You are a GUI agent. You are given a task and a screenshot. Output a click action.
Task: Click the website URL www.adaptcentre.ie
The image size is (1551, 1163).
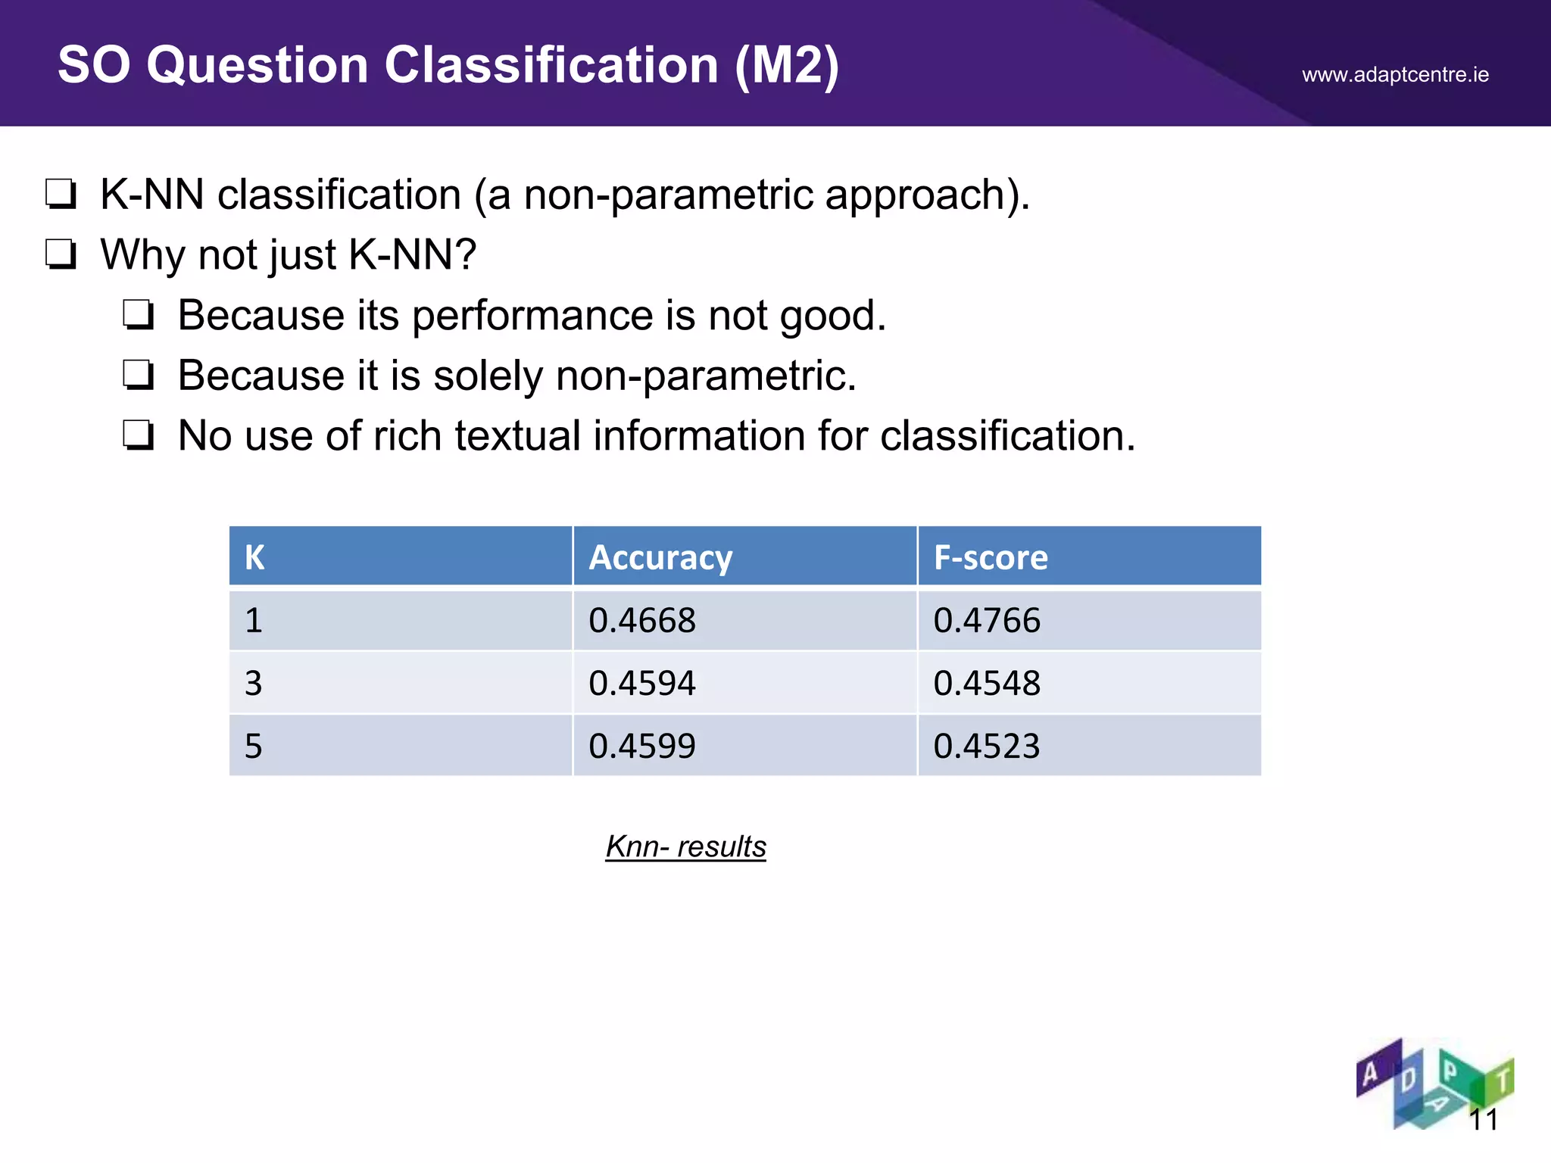point(1395,75)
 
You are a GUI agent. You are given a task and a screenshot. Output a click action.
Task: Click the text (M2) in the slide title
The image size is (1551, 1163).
point(787,65)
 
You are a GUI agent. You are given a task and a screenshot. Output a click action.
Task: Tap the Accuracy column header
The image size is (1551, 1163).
point(660,557)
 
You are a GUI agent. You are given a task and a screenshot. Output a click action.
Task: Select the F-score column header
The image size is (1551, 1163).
point(991,557)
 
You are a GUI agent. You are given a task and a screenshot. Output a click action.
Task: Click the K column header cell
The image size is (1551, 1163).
point(255,557)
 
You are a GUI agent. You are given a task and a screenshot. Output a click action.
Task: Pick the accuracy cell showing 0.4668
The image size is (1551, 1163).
point(642,620)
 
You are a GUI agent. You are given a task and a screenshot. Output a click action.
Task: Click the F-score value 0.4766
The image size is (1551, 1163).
point(987,620)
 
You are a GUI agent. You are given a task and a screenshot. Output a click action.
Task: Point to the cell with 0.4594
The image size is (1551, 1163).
point(642,683)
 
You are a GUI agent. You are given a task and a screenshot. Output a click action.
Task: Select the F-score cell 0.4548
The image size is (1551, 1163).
point(987,683)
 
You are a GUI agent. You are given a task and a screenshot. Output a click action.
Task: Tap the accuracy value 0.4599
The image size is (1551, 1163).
point(642,746)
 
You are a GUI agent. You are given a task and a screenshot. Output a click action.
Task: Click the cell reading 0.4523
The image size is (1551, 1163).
point(987,746)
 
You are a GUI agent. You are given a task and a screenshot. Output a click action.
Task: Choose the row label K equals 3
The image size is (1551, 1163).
point(254,683)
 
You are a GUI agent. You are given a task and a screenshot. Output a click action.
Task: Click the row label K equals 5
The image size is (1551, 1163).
point(254,746)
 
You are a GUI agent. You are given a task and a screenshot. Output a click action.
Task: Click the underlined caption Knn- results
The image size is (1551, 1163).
point(685,847)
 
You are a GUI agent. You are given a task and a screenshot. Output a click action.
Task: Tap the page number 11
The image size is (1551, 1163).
point(1483,1119)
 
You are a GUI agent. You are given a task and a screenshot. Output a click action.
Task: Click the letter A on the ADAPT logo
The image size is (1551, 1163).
point(1370,1073)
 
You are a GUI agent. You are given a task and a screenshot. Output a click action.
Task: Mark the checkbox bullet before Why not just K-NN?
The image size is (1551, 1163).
point(61,254)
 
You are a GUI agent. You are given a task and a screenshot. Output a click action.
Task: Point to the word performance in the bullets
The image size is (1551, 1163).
point(532,315)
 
